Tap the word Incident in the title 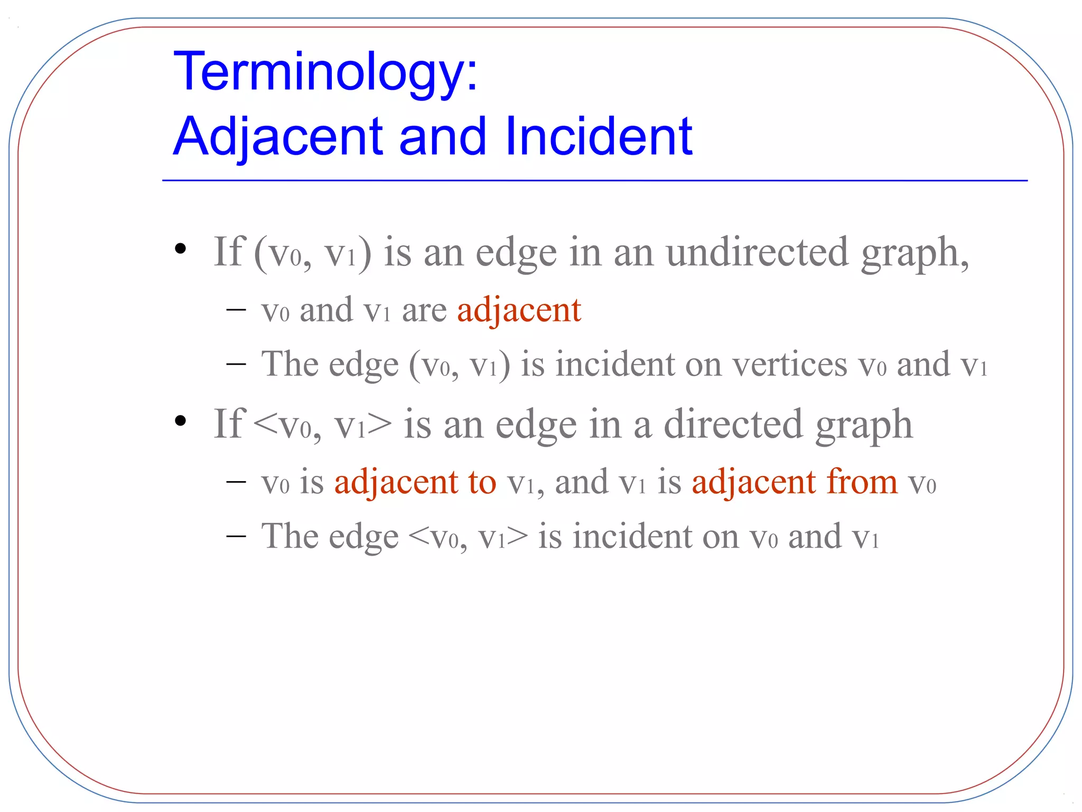tap(599, 137)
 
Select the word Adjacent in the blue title tap(278, 137)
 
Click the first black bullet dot tap(181, 248)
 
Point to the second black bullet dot tap(181, 421)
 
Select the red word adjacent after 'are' tap(519, 310)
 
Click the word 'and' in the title tap(442, 137)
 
